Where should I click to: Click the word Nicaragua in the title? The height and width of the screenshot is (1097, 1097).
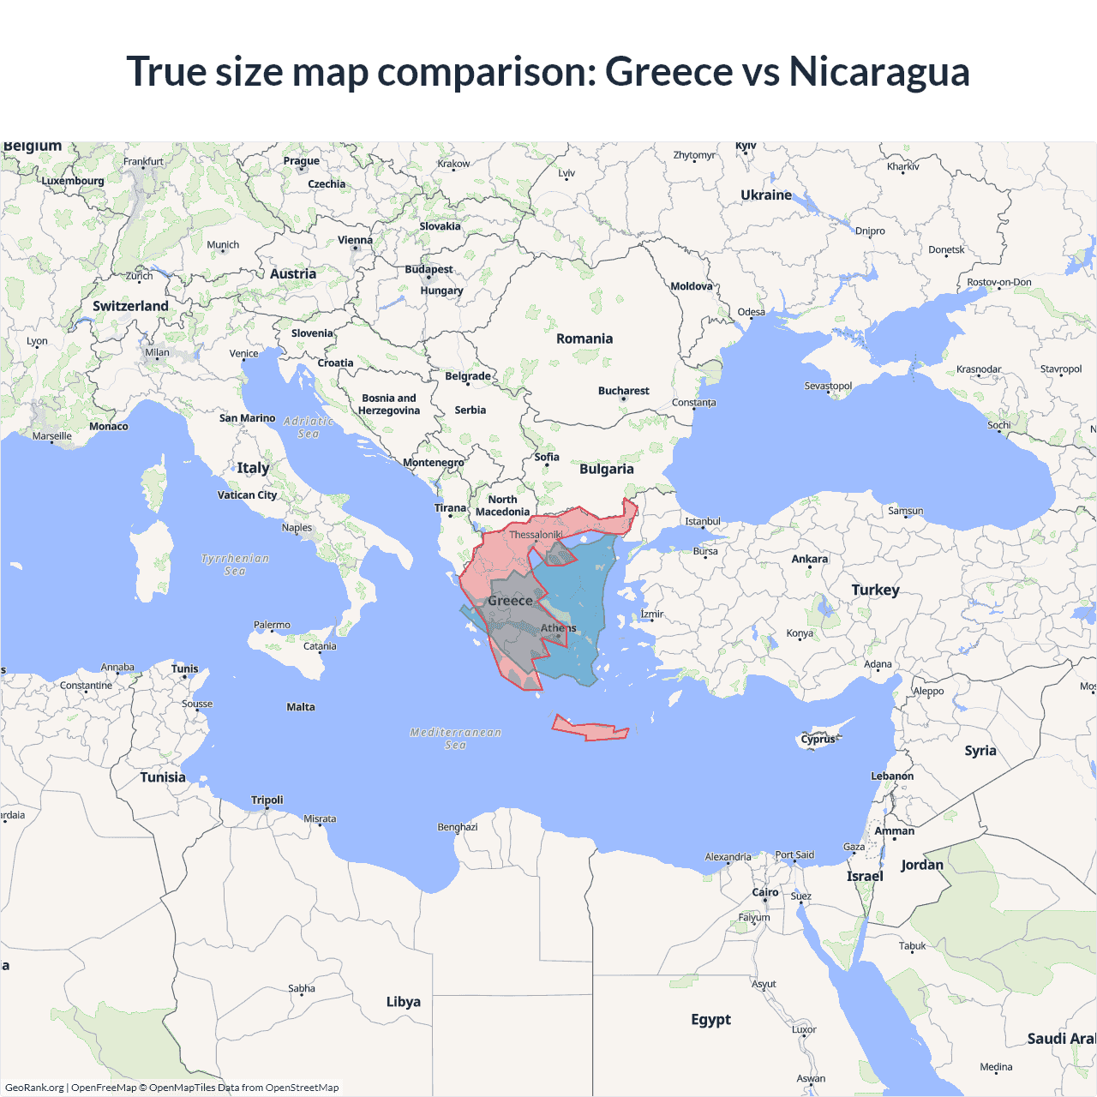tap(878, 72)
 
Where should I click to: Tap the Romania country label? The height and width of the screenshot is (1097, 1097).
tap(584, 339)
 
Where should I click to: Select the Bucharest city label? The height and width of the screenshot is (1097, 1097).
tap(623, 391)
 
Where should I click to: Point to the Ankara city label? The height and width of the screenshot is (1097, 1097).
tap(809, 559)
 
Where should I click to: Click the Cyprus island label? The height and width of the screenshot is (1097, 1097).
tap(818, 739)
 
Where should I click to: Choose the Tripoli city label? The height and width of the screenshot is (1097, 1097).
tap(267, 800)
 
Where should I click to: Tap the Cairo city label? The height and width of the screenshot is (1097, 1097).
tap(764, 892)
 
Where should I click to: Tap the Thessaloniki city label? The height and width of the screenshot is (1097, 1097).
tap(536, 535)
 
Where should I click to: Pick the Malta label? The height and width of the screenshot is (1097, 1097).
tap(301, 707)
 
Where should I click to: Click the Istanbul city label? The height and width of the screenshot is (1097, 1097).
tap(703, 521)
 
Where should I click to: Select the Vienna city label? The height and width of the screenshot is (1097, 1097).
tap(355, 240)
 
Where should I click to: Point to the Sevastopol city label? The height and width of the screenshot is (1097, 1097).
tap(828, 386)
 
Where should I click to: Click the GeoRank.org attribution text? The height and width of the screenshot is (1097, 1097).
tap(34, 1088)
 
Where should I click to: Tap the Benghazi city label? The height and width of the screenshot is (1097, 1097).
tap(458, 827)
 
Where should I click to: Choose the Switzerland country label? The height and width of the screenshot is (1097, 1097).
tap(130, 306)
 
